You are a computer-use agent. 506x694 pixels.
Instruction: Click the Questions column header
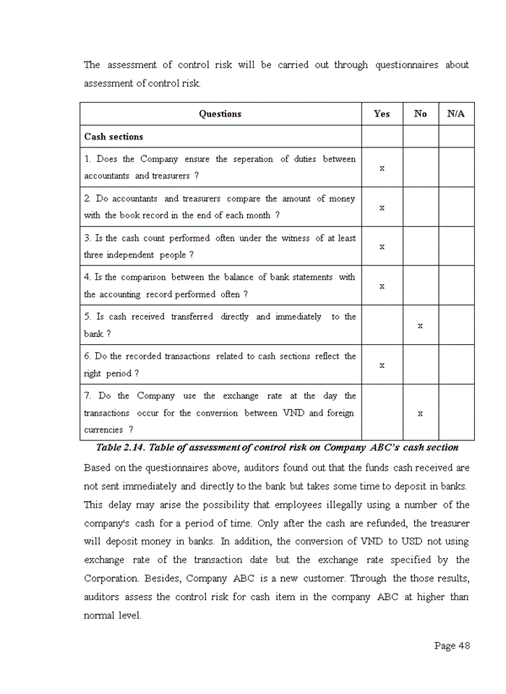click(x=220, y=113)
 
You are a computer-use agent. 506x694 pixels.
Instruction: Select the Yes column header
click(x=382, y=113)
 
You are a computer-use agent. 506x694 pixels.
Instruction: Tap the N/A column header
click(x=456, y=113)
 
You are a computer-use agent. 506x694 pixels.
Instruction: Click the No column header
click(x=420, y=113)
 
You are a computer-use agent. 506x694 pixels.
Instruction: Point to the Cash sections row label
click(x=113, y=137)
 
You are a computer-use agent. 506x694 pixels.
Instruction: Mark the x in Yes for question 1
click(x=382, y=168)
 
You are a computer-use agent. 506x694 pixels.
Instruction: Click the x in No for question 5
click(x=420, y=325)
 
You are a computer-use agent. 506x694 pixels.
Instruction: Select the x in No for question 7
click(x=420, y=413)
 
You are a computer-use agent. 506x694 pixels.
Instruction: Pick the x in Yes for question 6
click(x=382, y=365)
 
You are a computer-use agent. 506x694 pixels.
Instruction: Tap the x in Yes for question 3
click(x=382, y=247)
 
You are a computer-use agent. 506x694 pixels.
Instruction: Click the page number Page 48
click(x=452, y=646)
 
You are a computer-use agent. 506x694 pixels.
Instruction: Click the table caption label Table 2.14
click(x=120, y=447)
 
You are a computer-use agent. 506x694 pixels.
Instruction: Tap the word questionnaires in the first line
click(x=406, y=65)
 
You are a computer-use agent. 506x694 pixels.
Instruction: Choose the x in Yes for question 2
click(x=382, y=207)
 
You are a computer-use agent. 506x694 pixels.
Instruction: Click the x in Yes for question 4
click(x=382, y=286)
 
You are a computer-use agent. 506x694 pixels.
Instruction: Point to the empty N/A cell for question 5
click(x=456, y=325)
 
